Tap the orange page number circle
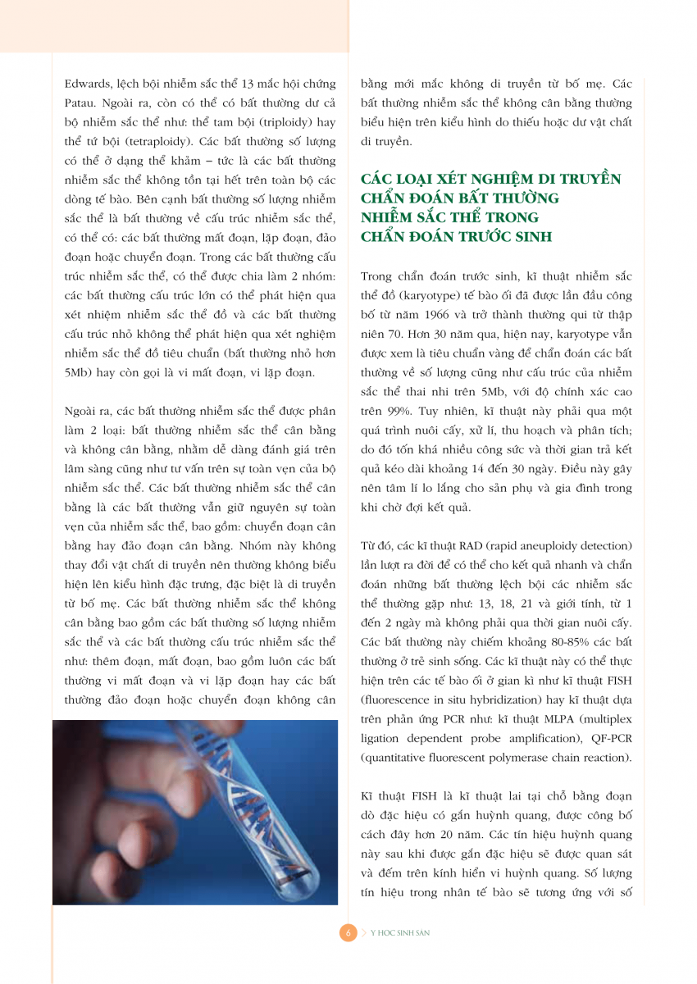[348, 933]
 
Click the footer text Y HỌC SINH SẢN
[400, 933]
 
